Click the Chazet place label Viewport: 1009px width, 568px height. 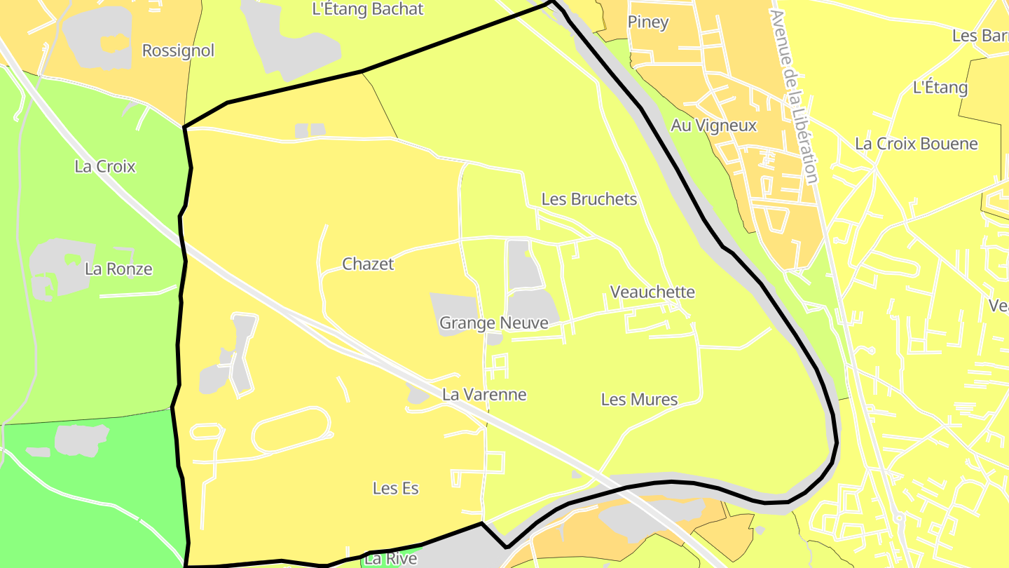(368, 264)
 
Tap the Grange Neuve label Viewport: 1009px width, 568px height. (493, 323)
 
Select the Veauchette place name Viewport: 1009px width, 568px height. (652, 292)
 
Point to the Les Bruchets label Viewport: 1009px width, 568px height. (589, 199)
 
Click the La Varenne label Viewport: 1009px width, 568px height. (484, 395)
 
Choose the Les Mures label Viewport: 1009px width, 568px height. (640, 400)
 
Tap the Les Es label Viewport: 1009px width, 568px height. (396, 489)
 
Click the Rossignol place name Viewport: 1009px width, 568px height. (178, 50)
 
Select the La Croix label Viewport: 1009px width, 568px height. (105, 167)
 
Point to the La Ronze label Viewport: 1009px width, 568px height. (118, 269)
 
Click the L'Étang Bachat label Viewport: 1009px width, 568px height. (368, 9)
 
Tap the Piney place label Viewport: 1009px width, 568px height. (648, 22)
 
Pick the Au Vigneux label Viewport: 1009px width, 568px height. (714, 126)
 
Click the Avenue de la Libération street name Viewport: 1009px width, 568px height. (794, 96)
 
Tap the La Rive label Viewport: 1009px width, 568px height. (391, 559)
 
